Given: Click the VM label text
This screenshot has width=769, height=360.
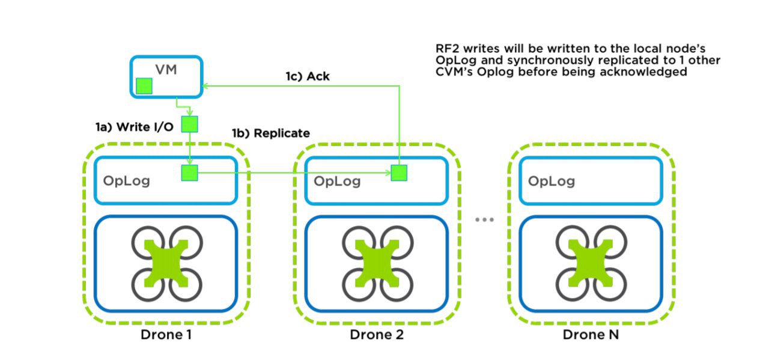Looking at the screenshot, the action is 166,70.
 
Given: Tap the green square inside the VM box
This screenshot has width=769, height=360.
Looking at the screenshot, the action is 144,86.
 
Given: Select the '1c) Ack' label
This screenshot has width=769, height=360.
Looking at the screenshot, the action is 308,76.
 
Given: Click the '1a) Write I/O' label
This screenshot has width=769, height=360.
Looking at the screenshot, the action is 134,127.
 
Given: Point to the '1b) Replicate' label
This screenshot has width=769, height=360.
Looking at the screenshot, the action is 271,133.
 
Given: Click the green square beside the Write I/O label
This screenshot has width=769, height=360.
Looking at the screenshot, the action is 189,124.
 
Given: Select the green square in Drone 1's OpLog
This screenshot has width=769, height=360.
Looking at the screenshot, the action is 189,172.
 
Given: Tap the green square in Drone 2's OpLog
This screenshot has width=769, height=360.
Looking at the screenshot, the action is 399,172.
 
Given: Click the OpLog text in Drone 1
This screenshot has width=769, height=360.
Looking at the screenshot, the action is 127,181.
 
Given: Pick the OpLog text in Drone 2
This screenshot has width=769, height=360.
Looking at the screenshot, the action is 337,181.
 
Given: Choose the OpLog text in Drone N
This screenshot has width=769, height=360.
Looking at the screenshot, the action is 552,181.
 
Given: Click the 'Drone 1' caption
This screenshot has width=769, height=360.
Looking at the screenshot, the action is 166,335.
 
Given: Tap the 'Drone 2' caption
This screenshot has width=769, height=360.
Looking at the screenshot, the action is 377,335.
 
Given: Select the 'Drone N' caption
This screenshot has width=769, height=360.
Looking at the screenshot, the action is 591,335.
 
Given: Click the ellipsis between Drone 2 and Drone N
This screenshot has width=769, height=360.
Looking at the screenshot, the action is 484,219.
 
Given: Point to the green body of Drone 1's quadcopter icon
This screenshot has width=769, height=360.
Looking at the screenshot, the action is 166,263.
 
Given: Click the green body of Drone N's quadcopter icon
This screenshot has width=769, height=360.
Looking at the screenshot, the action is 591,263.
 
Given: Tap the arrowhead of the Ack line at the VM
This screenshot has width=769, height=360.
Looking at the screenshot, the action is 205,86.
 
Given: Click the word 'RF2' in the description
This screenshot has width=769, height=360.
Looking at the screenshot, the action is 447,49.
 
